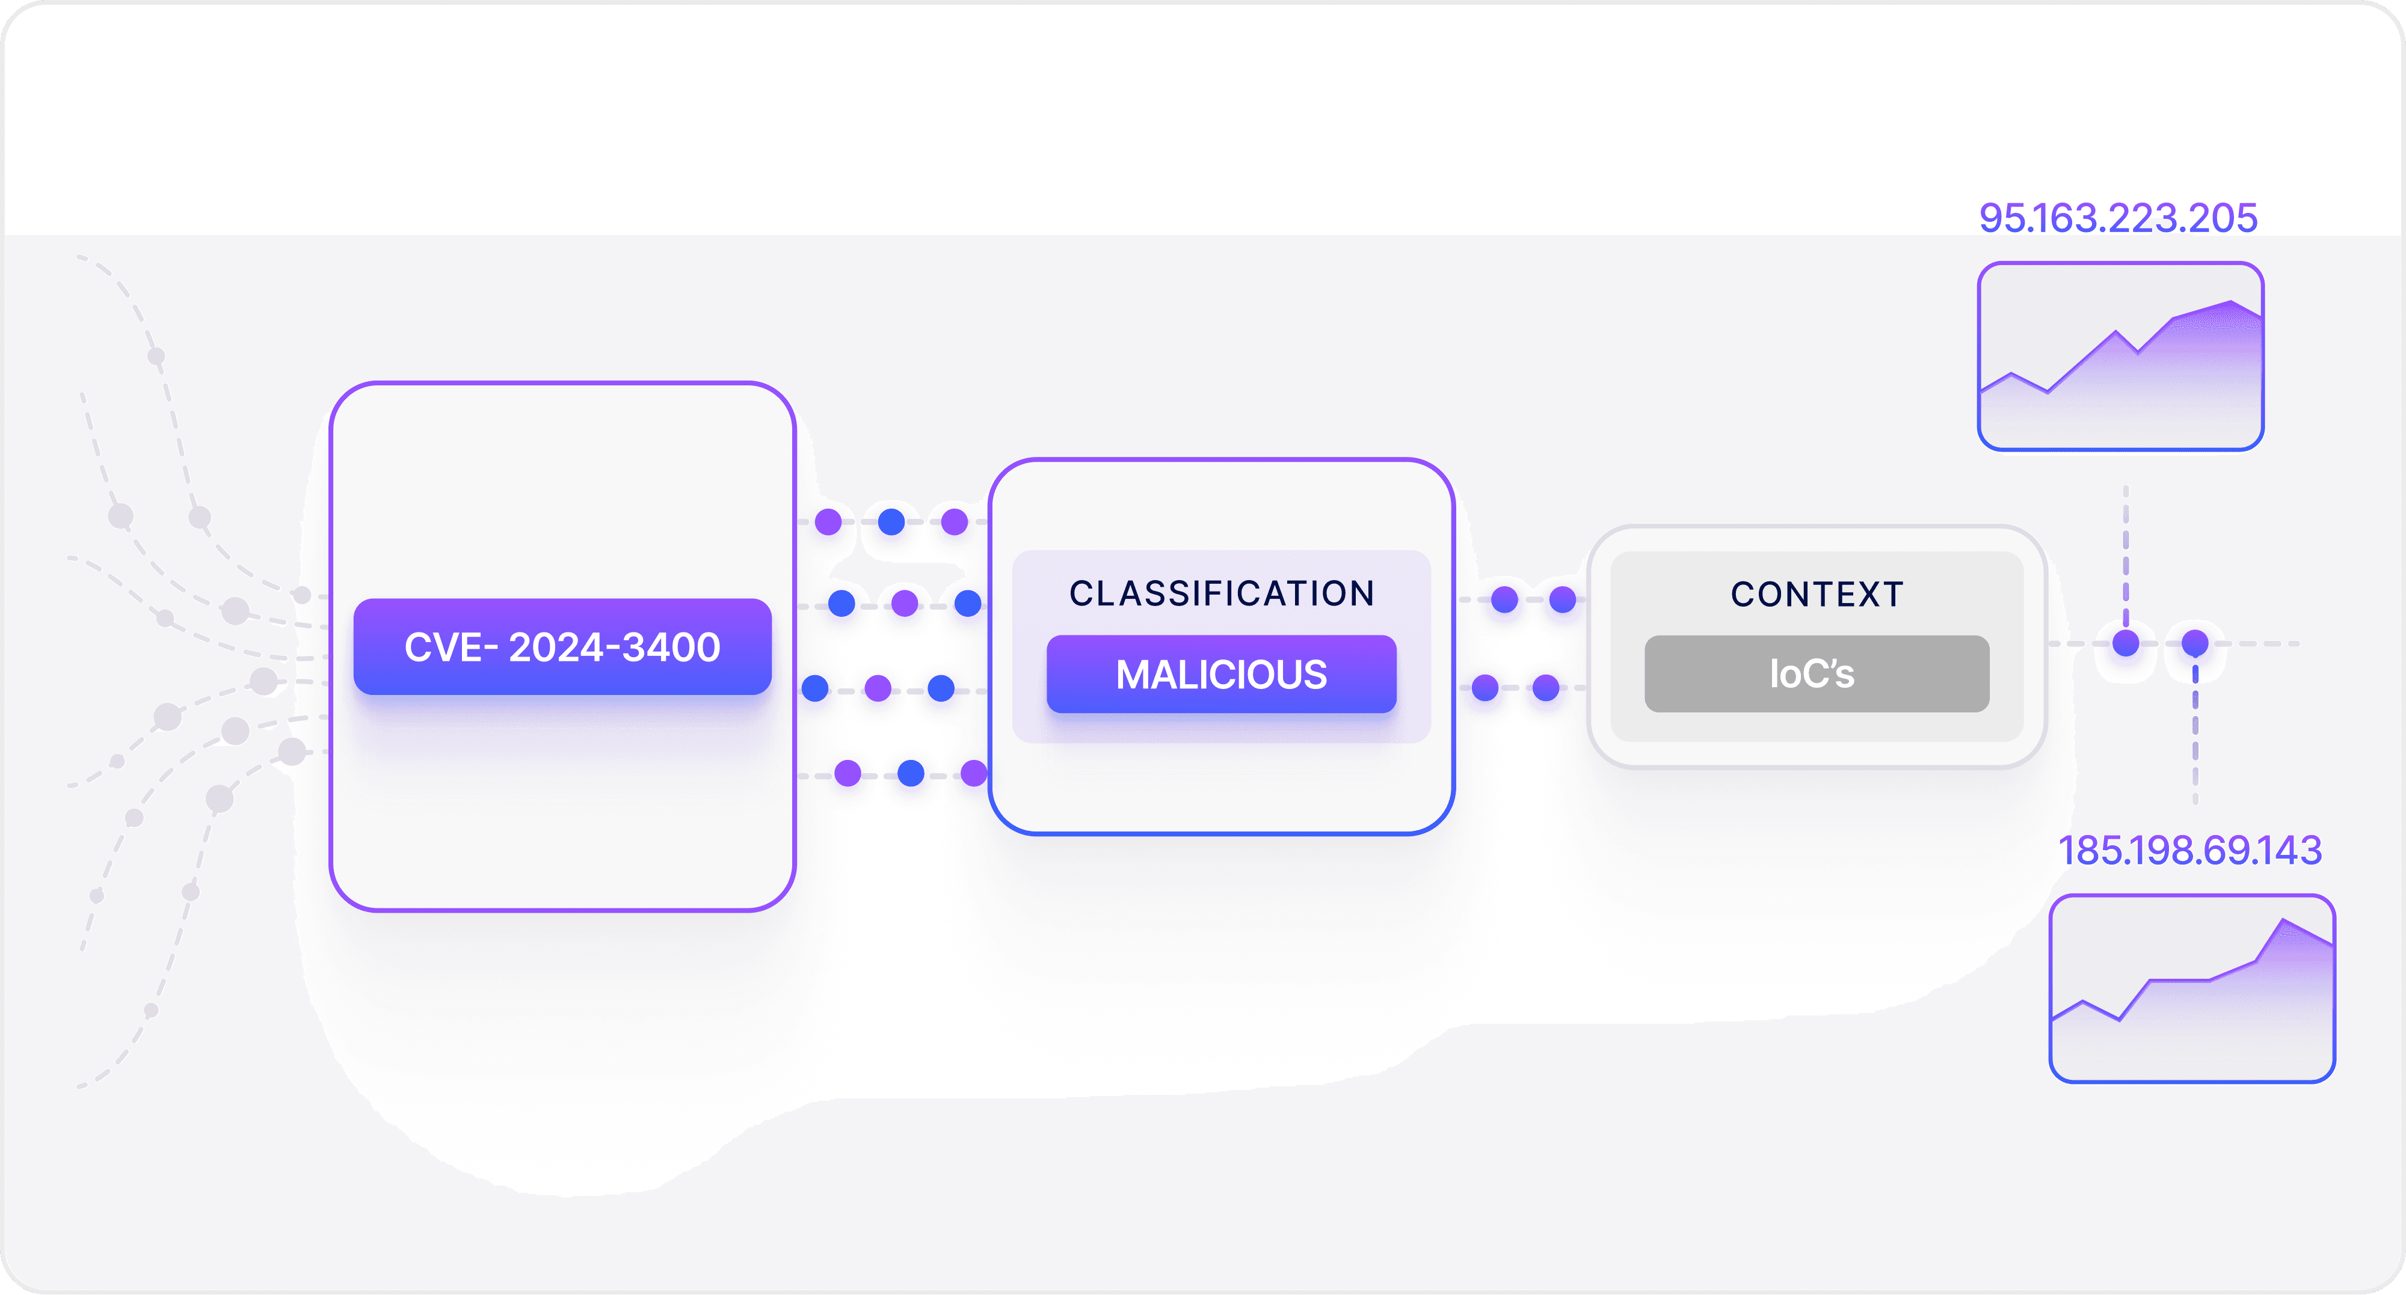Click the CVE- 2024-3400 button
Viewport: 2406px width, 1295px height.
[x=562, y=646]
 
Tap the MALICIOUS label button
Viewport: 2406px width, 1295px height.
[x=1221, y=674]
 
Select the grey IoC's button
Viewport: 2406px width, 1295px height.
[x=1816, y=673]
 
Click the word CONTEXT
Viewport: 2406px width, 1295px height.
[x=1817, y=594]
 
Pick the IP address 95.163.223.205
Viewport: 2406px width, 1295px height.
[x=2117, y=218]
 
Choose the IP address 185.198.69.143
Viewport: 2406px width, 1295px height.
[x=2189, y=850]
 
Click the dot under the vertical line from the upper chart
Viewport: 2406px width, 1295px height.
[x=2126, y=642]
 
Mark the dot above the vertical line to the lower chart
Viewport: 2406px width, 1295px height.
[x=2195, y=642]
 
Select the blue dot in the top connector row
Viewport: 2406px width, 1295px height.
[x=891, y=521]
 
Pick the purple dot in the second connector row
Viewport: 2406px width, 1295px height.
[x=904, y=603]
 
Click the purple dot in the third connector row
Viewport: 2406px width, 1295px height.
[x=878, y=688]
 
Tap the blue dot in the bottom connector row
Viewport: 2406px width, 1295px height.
[x=911, y=773]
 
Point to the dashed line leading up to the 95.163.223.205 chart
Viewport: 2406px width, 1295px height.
[x=2126, y=551]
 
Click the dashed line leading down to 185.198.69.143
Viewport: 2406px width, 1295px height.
[x=2195, y=738]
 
